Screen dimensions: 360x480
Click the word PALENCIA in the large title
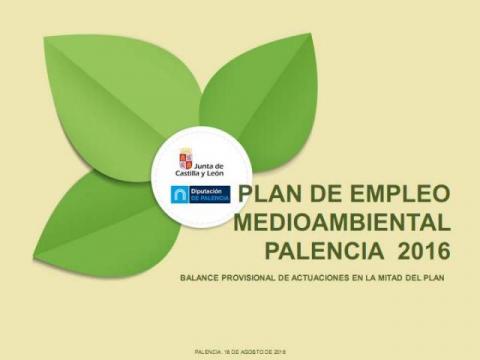[x=320, y=246]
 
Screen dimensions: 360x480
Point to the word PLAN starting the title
[x=267, y=194]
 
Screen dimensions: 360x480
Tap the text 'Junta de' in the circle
[x=209, y=157]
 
